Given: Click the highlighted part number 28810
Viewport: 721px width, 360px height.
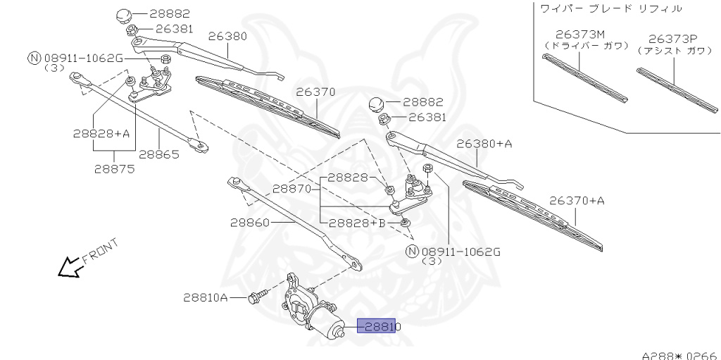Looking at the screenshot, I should click(380, 326).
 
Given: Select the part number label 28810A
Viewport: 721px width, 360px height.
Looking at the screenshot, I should click(205, 298).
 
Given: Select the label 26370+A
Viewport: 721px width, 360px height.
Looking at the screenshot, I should click(577, 201).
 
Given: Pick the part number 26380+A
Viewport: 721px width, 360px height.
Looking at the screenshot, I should click(484, 144).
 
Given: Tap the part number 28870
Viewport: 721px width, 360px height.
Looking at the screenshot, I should click(292, 189).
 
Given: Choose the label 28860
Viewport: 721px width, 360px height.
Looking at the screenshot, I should click(249, 222).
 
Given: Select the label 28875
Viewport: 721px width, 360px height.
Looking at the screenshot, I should click(115, 168).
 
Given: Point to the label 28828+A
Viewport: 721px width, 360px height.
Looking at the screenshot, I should click(101, 132).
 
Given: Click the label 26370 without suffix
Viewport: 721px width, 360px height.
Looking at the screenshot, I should click(315, 92).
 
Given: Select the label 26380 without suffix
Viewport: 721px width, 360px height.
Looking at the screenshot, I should click(227, 35).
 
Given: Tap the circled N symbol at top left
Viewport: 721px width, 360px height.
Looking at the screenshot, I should click(32, 58).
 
